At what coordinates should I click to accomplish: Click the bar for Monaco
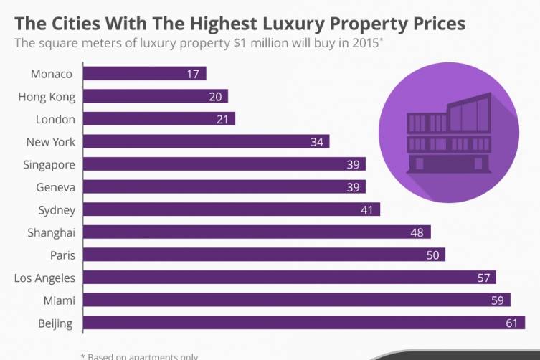[143, 73]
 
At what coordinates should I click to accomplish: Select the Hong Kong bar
[155, 96]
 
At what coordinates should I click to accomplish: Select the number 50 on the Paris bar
[432, 255]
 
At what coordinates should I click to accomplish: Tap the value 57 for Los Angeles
[483, 278]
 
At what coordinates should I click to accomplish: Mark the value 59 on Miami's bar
[497, 300]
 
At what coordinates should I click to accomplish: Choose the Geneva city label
[55, 187]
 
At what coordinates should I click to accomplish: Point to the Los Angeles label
[44, 278]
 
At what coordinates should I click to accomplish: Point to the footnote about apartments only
[139, 356]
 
